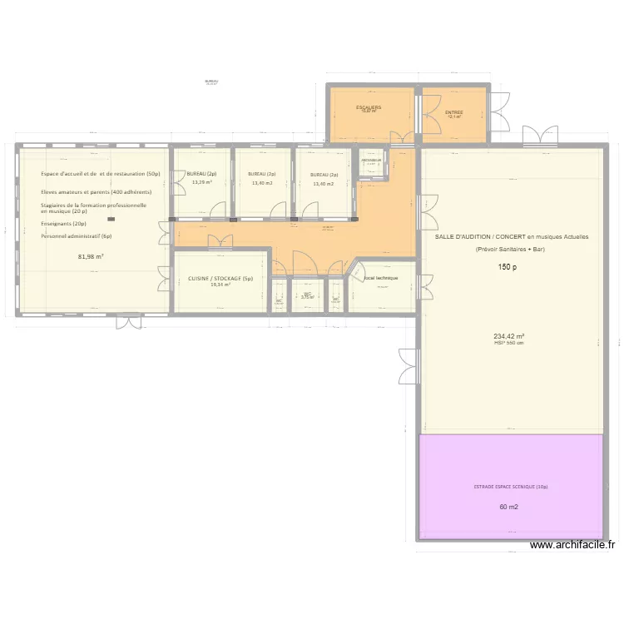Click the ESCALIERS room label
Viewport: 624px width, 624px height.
(369, 107)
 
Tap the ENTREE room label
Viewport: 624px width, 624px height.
(453, 112)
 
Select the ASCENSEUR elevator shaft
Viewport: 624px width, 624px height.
(371, 163)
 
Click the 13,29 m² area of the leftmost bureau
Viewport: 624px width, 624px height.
(202, 183)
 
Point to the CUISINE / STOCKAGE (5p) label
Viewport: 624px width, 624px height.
(220, 279)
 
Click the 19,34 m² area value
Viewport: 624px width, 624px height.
(220, 285)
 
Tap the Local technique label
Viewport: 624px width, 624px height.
(381, 278)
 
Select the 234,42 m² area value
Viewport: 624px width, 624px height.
(508, 337)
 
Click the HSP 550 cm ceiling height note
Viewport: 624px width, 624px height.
(508, 343)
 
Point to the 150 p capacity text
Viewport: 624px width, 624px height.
(508, 267)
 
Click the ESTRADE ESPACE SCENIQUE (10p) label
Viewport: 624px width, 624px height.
(511, 487)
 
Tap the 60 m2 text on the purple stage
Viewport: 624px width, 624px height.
(508, 507)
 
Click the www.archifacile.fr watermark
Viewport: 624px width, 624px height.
(572, 546)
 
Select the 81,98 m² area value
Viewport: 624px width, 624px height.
(91, 256)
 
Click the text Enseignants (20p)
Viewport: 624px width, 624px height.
(63, 224)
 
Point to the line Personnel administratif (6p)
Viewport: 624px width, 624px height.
(76, 236)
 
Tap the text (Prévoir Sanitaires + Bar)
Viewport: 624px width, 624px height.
(508, 249)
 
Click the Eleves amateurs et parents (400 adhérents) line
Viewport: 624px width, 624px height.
(96, 192)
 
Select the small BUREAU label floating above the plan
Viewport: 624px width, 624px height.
(210, 81)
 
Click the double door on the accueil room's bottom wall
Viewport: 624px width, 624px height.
(128, 319)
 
